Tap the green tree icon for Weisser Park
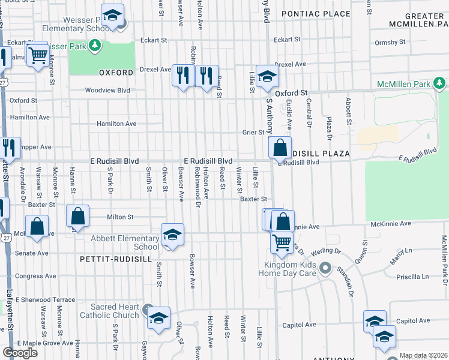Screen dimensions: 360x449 pyautogui.click(x=94, y=45)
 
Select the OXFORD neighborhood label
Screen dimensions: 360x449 pyautogui.click(x=116, y=73)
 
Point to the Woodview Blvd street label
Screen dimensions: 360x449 pyautogui.click(x=107, y=91)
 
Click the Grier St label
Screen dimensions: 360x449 pyautogui.click(x=253, y=132)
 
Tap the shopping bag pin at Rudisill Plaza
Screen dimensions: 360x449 pyautogui.click(x=280, y=148)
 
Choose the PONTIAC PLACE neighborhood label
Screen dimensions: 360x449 pyautogui.click(x=315, y=13)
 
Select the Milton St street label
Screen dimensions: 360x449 pyautogui.click(x=119, y=217)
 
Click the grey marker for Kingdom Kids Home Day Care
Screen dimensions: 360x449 pyautogui.click(x=325, y=267)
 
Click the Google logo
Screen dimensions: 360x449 pyautogui.click(x=20, y=353)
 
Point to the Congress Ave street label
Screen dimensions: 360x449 pyautogui.click(x=35, y=277)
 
